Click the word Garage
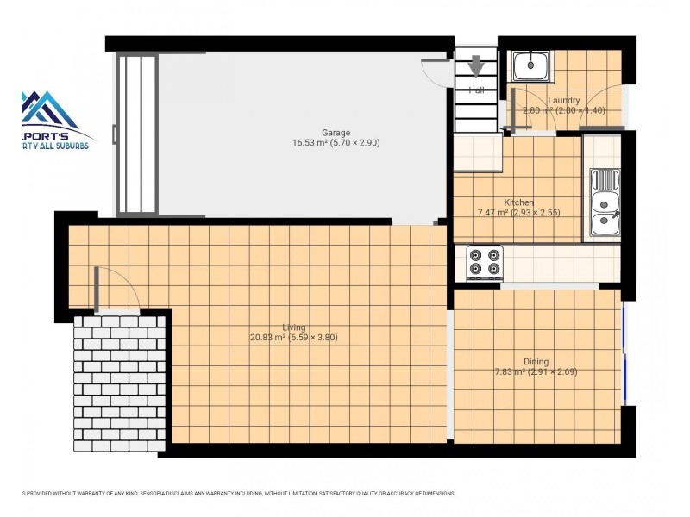click(x=336, y=133)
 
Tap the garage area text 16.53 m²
click(x=308, y=143)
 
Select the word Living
click(x=293, y=327)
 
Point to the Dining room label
click(x=536, y=362)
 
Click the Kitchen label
click(x=518, y=202)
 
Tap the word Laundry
click(x=563, y=101)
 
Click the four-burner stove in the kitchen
click(x=485, y=262)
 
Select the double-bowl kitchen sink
click(x=603, y=203)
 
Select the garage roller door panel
click(x=138, y=134)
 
